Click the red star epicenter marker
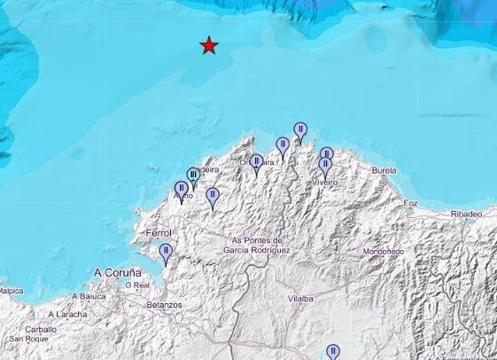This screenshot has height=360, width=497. tap(208, 45)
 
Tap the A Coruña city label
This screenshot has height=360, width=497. tap(118, 272)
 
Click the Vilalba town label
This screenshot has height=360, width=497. tap(300, 299)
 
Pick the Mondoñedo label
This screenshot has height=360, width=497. tap(383, 252)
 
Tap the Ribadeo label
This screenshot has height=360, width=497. tap(466, 214)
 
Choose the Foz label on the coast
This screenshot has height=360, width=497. tap(410, 203)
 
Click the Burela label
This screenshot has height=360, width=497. tap(384, 170)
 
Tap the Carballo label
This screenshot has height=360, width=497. tap(40, 329)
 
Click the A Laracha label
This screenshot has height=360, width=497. tap(67, 314)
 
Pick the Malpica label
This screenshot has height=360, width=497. tap(11, 290)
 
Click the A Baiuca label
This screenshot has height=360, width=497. tap(89, 296)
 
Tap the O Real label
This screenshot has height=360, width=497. tap(137, 286)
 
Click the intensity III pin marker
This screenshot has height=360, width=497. tap(193, 176)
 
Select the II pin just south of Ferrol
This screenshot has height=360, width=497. tap(165, 253)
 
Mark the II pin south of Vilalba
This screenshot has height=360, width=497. tap(332, 352)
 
